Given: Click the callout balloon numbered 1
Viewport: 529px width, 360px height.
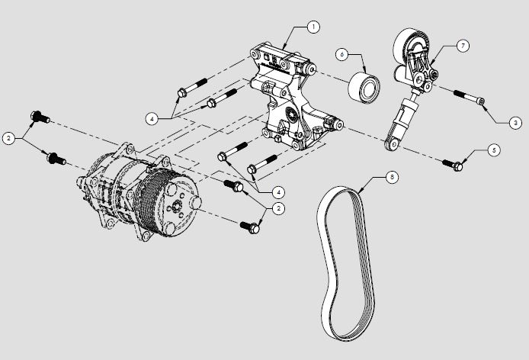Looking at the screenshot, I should (x=312, y=27).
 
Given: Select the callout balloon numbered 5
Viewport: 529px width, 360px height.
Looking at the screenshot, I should (x=494, y=151).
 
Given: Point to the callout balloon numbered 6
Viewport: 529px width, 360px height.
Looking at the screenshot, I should (x=341, y=55).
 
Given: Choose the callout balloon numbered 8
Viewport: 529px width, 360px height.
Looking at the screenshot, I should (x=391, y=178).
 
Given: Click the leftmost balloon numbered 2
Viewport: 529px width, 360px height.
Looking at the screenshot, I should (x=8, y=138).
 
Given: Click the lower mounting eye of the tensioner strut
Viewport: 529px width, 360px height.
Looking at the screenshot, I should (x=392, y=143).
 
